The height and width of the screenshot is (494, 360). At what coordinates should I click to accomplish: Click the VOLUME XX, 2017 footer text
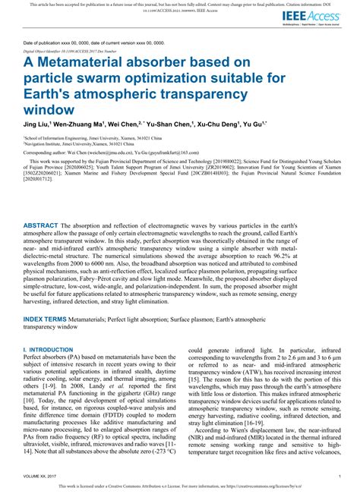[x=41, y=476]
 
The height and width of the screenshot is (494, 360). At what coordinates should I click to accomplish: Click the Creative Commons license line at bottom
[x=180, y=486]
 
